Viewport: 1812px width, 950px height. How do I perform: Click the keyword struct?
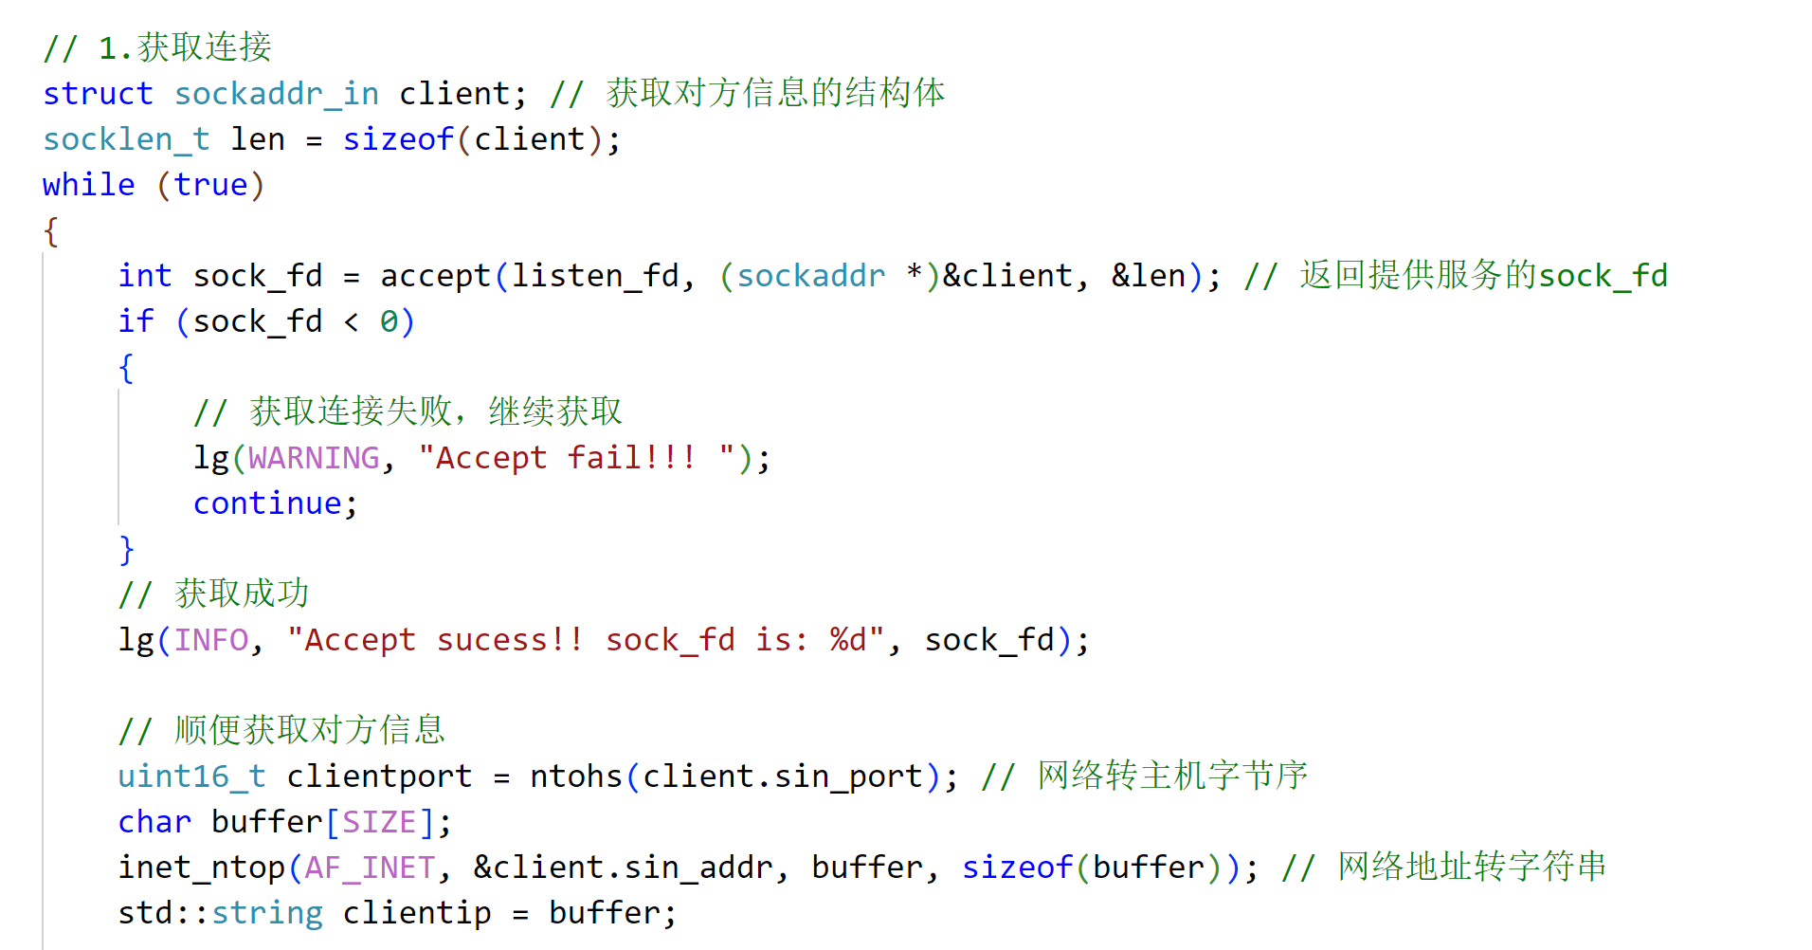click(x=98, y=94)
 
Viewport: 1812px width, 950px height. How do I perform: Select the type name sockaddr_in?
click(x=276, y=94)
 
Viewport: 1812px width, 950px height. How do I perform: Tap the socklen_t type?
click(x=126, y=139)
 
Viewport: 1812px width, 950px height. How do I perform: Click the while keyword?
click(x=88, y=185)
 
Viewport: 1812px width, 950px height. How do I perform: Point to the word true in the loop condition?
click(x=210, y=185)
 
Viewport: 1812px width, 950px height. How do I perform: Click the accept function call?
click(x=435, y=276)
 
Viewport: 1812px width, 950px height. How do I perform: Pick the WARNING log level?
click(x=314, y=458)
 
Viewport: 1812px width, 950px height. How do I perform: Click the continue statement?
click(x=267, y=503)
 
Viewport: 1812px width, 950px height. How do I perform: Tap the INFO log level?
click(x=210, y=640)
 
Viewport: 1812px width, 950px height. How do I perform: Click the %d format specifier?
click(x=848, y=640)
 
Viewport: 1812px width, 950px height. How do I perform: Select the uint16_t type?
click(x=191, y=776)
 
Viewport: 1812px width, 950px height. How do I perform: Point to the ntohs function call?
click(x=575, y=776)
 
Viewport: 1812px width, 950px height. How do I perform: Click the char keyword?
click(x=154, y=822)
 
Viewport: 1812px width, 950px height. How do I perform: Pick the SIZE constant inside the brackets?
click(x=379, y=822)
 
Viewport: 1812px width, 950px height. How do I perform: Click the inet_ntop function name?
click(x=201, y=868)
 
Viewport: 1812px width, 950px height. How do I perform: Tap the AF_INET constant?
click(x=370, y=868)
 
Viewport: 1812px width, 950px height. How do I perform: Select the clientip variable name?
click(x=416, y=913)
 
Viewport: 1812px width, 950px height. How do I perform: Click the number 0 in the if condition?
click(x=389, y=322)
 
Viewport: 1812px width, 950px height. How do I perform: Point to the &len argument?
click(x=1148, y=276)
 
